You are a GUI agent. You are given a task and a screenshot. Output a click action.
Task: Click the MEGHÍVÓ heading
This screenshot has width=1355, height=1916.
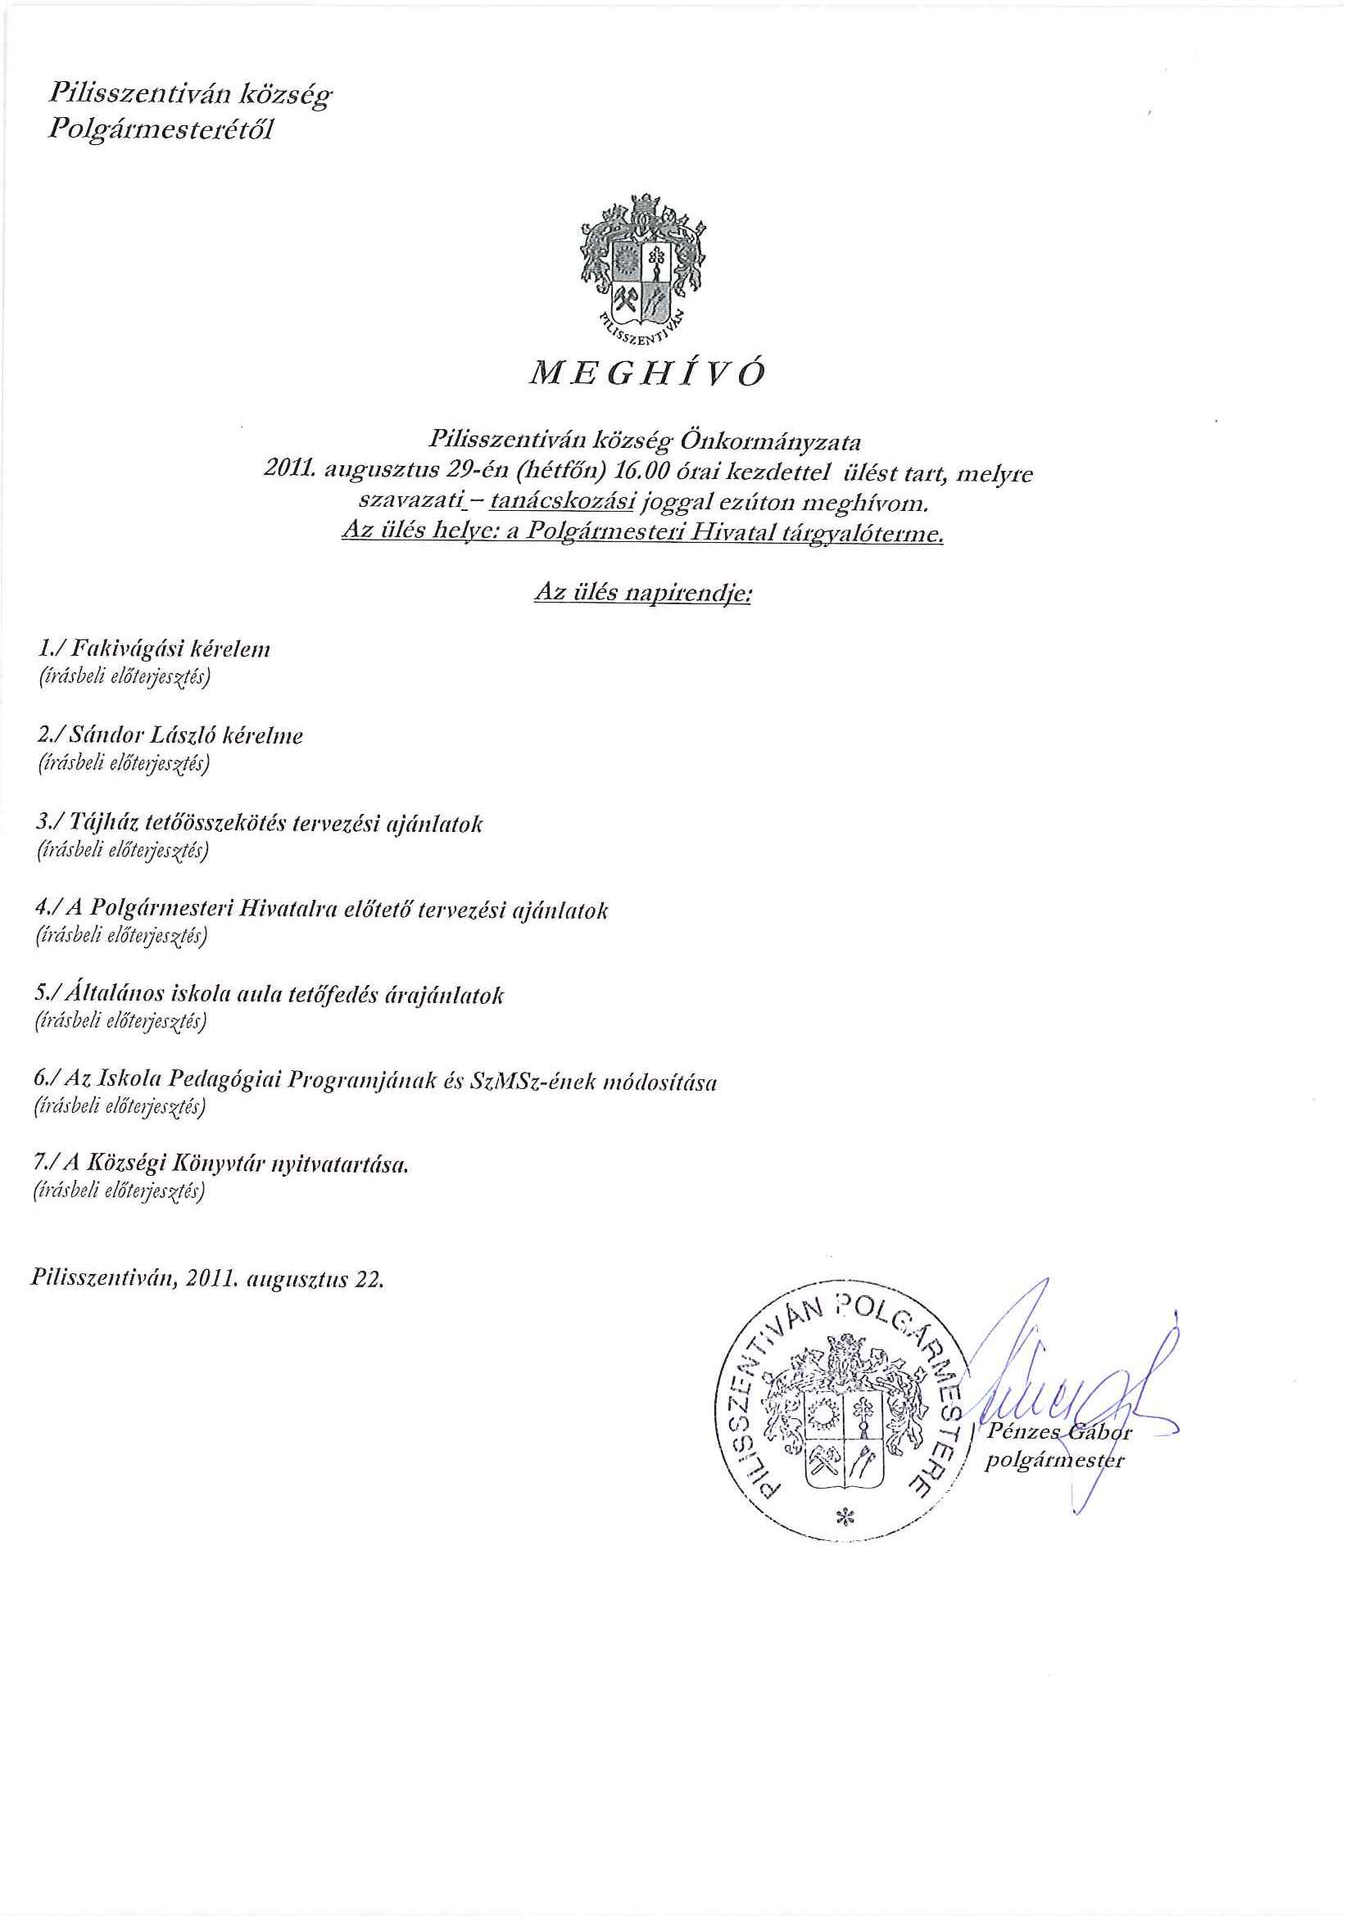pos(647,375)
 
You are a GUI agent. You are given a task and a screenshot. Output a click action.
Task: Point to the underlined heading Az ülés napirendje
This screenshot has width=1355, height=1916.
pos(642,594)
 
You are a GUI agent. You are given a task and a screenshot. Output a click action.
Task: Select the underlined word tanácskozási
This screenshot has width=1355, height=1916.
pos(564,504)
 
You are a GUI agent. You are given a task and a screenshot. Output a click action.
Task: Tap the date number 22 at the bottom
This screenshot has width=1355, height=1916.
pos(368,1280)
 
